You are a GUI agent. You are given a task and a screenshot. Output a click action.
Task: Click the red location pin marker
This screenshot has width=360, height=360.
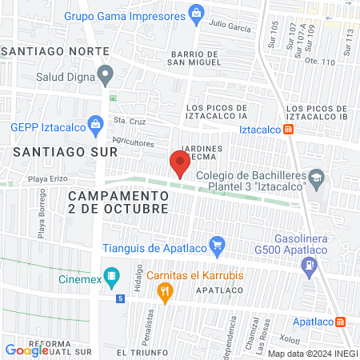pos(180,163)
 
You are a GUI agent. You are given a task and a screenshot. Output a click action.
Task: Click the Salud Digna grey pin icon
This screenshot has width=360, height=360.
pos(105,77)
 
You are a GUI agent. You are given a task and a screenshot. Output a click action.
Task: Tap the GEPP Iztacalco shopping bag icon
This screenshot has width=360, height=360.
pos(96,124)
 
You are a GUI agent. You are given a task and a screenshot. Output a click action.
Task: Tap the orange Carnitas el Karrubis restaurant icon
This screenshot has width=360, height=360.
pos(166,293)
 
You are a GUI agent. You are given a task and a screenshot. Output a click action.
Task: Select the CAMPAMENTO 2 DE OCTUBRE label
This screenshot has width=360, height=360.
pos(118,202)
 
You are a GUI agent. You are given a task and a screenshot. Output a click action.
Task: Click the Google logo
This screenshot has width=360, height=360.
pos(27,350)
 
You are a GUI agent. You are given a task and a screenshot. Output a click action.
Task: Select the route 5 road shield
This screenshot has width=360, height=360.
pos(120,298)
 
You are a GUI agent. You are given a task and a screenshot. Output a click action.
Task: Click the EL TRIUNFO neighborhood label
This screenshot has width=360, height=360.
pos(144,352)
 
